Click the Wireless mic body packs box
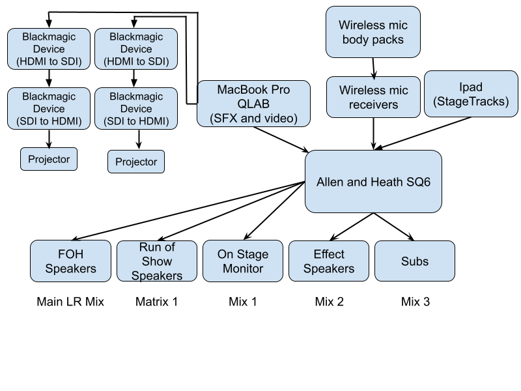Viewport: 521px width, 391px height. tap(373, 33)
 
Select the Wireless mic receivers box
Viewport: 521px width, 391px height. tap(373, 97)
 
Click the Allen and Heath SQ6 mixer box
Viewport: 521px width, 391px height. tap(373, 182)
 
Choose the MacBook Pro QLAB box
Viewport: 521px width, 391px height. tap(253, 104)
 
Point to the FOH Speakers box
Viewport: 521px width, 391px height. tap(71, 261)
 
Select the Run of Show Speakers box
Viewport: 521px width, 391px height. tap(157, 261)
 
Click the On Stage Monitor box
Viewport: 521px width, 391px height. tap(243, 261)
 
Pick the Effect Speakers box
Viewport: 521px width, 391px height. tap(329, 261)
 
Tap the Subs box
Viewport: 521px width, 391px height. tap(415, 261)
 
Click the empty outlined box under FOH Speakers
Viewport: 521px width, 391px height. tap(71, 302)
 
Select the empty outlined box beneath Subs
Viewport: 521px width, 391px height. tap(415, 302)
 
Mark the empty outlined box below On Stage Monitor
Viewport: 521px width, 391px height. tap(243, 302)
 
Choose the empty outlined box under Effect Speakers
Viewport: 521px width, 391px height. tap(329, 302)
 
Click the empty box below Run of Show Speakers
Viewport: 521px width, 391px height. tap(157, 302)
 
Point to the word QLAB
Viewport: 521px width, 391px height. tap(253, 104)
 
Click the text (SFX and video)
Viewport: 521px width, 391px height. tap(253, 118)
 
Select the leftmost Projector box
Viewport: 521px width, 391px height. tap(49, 159)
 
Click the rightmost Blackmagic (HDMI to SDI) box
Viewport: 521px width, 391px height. tap(136, 49)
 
